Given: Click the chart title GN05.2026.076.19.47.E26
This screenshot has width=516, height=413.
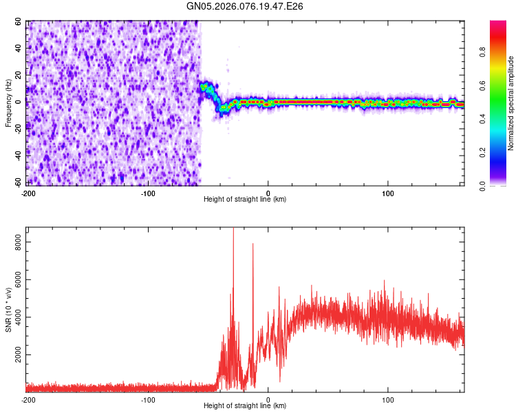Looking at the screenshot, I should pos(245,6).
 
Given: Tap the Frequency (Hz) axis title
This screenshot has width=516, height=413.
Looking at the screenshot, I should pos(8,103).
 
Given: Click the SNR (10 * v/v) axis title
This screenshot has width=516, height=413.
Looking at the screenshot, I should pos(8,310).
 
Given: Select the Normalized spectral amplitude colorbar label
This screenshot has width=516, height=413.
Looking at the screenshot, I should pos(511,103).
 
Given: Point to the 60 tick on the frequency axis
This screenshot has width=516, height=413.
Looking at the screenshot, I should pos(19,22).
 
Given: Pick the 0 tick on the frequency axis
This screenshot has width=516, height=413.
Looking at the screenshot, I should pos(21,102).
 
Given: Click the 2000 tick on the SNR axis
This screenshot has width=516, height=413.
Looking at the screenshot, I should pos(15,355).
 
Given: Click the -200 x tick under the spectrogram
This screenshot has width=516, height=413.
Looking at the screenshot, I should pos(28,193).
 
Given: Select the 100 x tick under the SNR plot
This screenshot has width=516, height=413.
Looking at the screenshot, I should pos(387,399).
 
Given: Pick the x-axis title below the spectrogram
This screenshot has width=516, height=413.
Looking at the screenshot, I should pos(245,200).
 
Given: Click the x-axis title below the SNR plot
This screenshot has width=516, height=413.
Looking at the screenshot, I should pos(245,406).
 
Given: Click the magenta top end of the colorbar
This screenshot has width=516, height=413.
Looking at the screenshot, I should pos(498,23).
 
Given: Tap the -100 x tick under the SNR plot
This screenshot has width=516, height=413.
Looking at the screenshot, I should pos(148,399).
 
